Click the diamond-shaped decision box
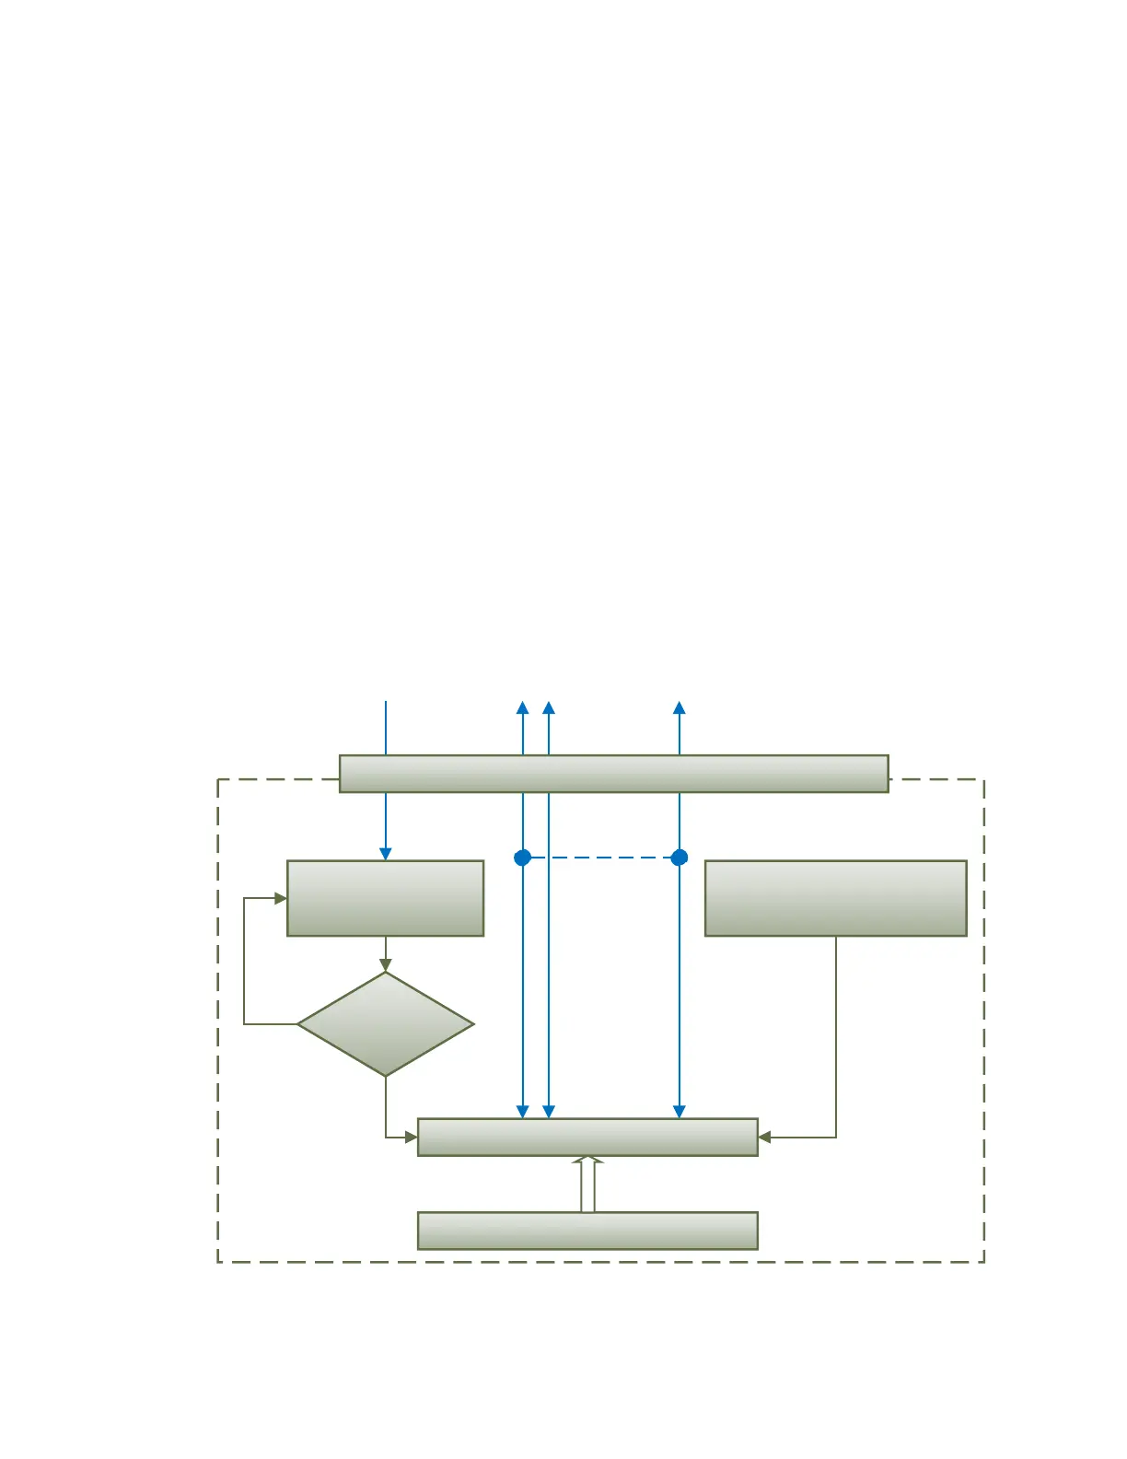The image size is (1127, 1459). [385, 1024]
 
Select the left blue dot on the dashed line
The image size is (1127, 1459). [522, 858]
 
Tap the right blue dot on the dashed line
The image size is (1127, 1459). [680, 858]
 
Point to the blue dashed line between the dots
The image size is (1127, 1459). [600, 858]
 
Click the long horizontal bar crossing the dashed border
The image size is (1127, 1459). [613, 774]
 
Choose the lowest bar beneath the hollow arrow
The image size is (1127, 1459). [587, 1231]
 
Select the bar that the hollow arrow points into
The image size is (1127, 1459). [587, 1137]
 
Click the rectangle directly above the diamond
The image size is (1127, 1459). [385, 898]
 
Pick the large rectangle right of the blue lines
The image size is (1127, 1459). [835, 898]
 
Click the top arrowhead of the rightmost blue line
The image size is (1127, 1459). [680, 707]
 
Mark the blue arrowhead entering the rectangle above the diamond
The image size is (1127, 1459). [385, 854]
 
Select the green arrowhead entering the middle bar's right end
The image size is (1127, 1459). [764, 1138]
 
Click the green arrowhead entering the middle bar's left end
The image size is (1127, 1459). [412, 1138]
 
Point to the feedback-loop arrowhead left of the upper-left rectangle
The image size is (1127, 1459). [281, 898]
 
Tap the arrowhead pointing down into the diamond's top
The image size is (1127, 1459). [385, 965]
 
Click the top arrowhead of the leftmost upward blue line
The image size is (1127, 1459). [522, 707]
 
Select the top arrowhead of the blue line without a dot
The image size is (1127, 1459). [549, 707]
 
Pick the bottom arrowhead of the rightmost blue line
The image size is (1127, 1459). [680, 1112]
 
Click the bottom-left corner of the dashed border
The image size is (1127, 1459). [218, 1261]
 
